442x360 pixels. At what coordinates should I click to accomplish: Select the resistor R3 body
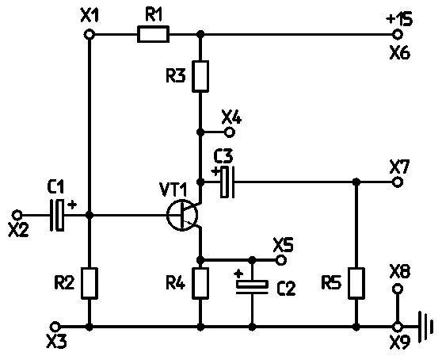[200, 76]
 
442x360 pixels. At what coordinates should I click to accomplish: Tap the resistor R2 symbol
[90, 283]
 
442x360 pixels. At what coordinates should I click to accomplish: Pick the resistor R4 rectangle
[200, 283]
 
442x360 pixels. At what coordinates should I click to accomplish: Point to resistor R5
[356, 283]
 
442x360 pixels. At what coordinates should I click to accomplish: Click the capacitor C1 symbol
[57, 215]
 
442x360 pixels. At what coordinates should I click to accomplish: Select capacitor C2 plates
[252, 286]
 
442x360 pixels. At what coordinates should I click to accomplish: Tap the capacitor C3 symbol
[227, 182]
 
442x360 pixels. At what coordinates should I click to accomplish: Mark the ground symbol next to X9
[425, 327]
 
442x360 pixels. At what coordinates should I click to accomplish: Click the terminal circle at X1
[90, 34]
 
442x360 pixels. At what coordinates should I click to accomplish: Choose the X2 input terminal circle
[17, 215]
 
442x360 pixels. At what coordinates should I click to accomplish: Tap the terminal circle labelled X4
[230, 132]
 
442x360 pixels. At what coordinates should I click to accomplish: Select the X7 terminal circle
[398, 182]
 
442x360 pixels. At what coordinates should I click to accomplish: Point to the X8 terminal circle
[398, 289]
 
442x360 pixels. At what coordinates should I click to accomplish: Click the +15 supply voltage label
[399, 18]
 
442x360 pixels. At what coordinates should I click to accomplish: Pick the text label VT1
[173, 190]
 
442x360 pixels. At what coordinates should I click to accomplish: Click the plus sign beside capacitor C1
[72, 205]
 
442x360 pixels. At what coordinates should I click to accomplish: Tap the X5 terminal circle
[280, 259]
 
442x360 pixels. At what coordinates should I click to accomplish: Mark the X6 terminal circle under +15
[398, 34]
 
